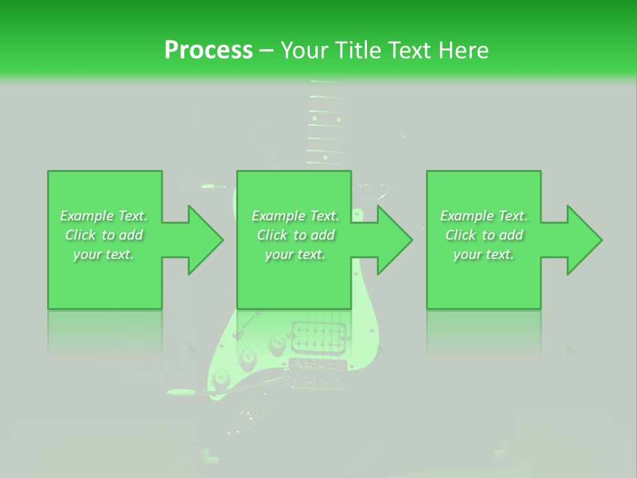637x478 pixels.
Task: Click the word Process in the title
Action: [208, 50]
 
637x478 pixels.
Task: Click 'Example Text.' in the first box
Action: [104, 216]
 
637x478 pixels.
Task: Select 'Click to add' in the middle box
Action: [295, 235]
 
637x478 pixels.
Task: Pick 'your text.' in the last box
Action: [483, 254]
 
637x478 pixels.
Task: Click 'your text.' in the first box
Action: [104, 254]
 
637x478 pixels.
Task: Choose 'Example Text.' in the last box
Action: [484, 216]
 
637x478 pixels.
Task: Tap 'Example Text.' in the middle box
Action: [295, 216]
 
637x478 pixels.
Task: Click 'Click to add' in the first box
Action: [104, 235]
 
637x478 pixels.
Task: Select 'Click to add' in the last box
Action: [484, 235]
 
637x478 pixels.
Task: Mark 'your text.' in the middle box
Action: [295, 254]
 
